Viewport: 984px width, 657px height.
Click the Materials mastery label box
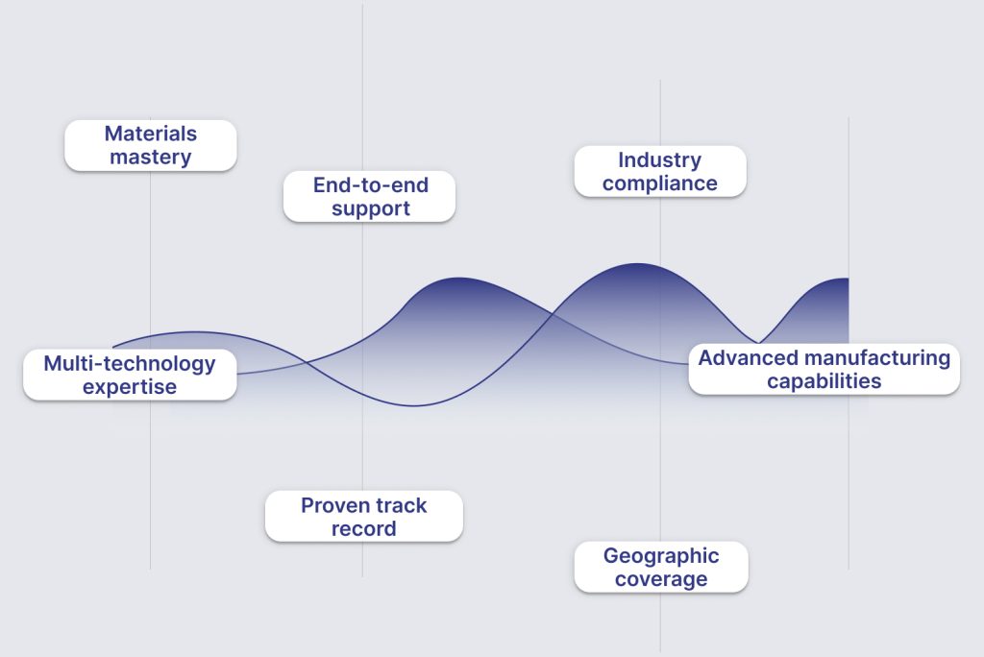(x=151, y=145)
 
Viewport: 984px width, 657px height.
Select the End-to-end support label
(x=370, y=196)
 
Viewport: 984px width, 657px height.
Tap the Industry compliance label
(x=660, y=171)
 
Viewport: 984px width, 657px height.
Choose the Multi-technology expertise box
(x=130, y=375)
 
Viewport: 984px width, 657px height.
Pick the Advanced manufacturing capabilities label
(x=824, y=369)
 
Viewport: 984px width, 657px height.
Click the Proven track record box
(x=364, y=517)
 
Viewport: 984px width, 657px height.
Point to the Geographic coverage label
(x=661, y=568)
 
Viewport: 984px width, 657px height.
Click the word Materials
(x=151, y=134)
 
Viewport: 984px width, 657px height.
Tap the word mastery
(x=151, y=157)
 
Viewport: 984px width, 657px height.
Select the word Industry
(x=659, y=160)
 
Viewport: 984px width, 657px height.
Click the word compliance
(x=659, y=183)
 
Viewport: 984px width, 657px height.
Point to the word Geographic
(x=661, y=556)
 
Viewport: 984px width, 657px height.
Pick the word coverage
(x=661, y=578)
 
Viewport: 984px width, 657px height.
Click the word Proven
(x=333, y=505)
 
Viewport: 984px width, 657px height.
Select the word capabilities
(x=824, y=381)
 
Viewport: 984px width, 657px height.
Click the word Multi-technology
(x=130, y=363)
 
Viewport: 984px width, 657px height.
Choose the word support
(x=370, y=208)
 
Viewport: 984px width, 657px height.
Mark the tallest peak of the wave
(x=637, y=263)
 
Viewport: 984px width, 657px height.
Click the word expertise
(x=130, y=386)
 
